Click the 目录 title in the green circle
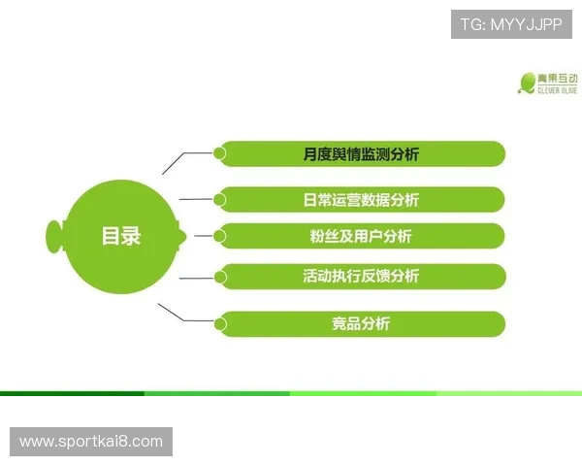point(121,236)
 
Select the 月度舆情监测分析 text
point(361,154)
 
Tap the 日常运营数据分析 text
point(361,200)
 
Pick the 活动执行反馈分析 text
point(361,277)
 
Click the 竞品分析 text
point(361,324)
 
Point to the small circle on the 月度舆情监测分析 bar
point(220,153)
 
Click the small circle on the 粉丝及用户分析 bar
point(220,235)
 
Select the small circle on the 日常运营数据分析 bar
point(220,199)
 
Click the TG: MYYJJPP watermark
point(511,23)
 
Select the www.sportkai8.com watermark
point(92,442)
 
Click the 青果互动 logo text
point(560,78)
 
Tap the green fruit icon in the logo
point(528,83)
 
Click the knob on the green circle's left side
point(54,235)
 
